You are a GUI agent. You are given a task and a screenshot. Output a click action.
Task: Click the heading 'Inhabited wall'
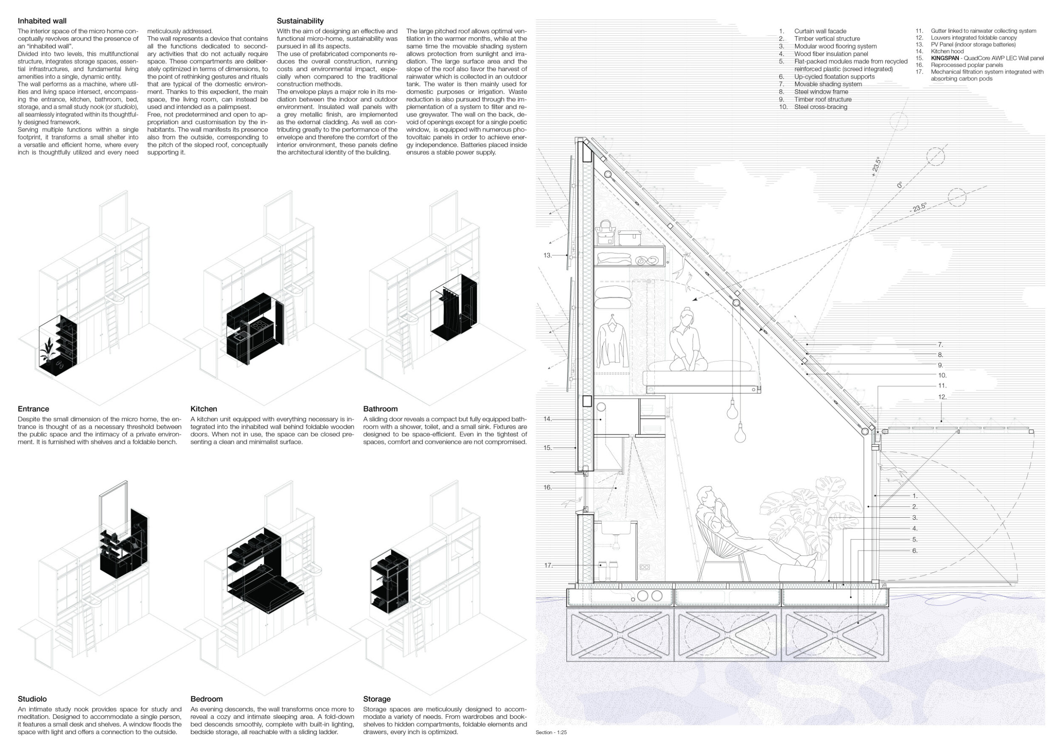tap(42, 21)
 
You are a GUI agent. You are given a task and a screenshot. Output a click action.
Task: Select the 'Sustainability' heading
tap(300, 21)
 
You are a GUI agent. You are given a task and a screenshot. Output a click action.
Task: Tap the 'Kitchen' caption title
tap(204, 409)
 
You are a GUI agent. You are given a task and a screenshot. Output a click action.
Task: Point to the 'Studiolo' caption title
tap(32, 699)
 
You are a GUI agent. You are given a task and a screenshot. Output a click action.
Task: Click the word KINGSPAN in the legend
tap(944, 58)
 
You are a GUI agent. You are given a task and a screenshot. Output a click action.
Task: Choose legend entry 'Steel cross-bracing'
tap(820, 107)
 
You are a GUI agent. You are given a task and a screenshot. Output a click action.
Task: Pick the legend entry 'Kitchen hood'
tap(947, 51)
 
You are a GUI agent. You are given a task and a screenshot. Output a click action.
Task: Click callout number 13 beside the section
tap(547, 255)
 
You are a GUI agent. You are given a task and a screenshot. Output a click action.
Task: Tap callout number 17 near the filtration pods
tap(548, 565)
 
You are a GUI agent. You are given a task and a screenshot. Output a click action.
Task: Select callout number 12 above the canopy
tap(942, 397)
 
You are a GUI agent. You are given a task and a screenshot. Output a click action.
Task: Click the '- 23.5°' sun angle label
tap(918, 208)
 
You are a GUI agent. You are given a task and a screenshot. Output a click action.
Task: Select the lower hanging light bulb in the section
tap(740, 434)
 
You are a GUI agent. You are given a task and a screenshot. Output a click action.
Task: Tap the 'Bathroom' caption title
tap(380, 409)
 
